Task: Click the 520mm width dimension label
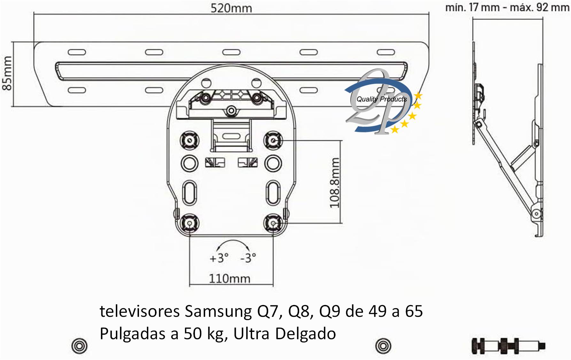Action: click(231, 8)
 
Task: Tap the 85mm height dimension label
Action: click(7, 74)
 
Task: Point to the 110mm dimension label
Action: click(229, 278)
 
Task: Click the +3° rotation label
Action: click(219, 258)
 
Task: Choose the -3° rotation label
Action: click(248, 258)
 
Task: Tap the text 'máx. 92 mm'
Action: click(540, 7)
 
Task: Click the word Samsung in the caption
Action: click(218, 312)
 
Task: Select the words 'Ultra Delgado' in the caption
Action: click(285, 334)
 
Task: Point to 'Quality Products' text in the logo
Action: click(382, 99)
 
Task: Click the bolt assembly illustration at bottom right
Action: click(508, 345)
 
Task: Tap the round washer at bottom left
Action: click(79, 346)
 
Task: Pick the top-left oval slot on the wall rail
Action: click(77, 52)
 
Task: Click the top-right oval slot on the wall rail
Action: click(386, 52)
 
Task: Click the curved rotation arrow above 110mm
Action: click(233, 240)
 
